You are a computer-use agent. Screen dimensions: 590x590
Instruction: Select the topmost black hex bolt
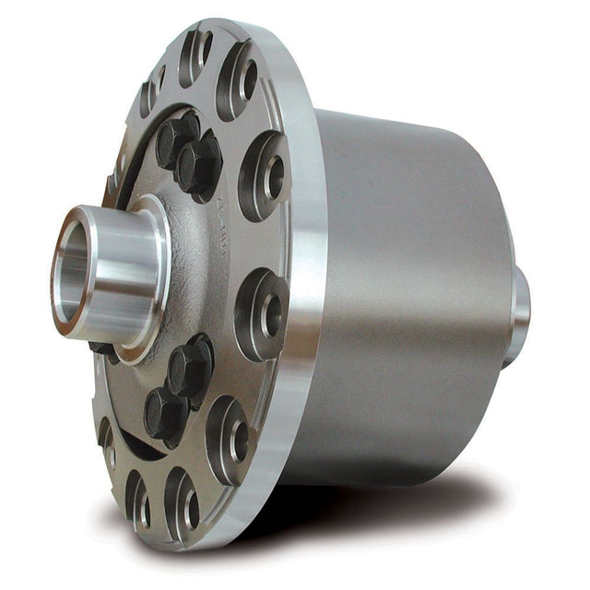coord(176,136)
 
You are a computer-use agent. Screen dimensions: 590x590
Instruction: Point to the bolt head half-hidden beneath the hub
coord(103,349)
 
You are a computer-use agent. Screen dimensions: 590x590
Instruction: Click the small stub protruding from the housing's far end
coord(521,313)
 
